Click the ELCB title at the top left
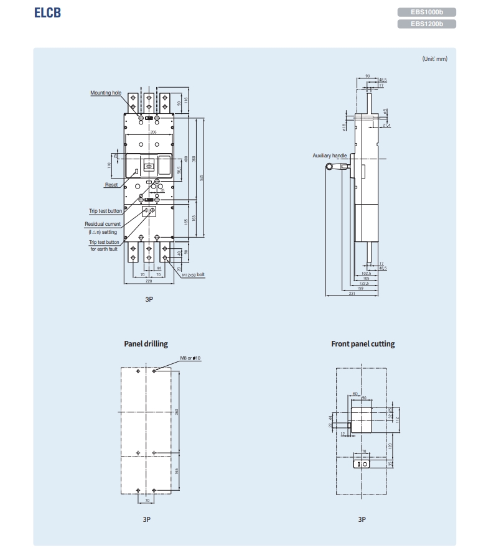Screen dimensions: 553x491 47,13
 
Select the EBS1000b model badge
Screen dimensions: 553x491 426,12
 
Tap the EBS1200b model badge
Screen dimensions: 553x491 426,24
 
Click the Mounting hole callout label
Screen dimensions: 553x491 106,93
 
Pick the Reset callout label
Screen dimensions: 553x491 111,185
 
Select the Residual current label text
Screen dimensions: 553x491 103,223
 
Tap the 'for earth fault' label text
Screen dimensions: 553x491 103,249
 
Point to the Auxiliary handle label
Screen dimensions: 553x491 329,156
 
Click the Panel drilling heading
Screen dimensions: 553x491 146,344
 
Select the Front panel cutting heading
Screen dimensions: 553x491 363,344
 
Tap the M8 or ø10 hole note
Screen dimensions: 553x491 190,358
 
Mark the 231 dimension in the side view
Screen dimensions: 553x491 352,294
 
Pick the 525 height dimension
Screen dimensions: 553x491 202,177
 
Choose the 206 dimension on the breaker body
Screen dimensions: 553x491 152,132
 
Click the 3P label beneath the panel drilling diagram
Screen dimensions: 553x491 147,519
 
